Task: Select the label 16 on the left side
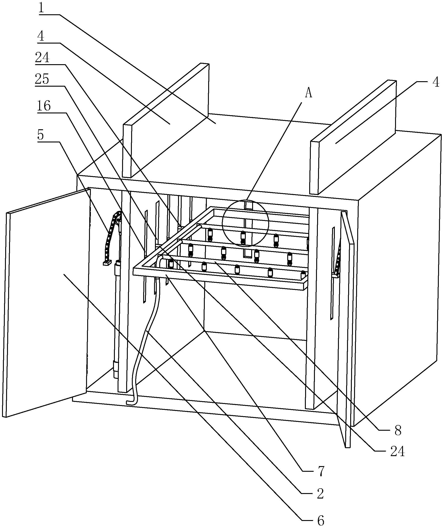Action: [44, 106]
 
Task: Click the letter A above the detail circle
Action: [309, 93]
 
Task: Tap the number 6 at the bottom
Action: [320, 520]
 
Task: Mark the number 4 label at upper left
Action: [41, 36]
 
